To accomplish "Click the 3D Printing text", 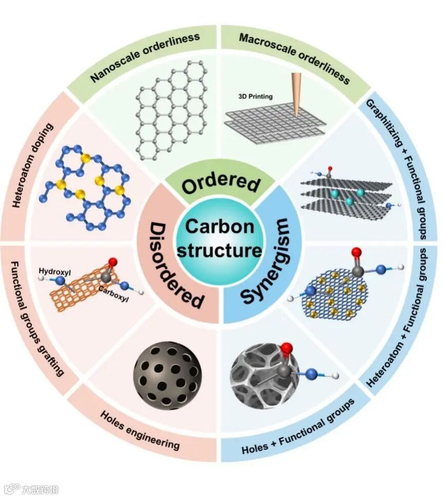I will (255, 96).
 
